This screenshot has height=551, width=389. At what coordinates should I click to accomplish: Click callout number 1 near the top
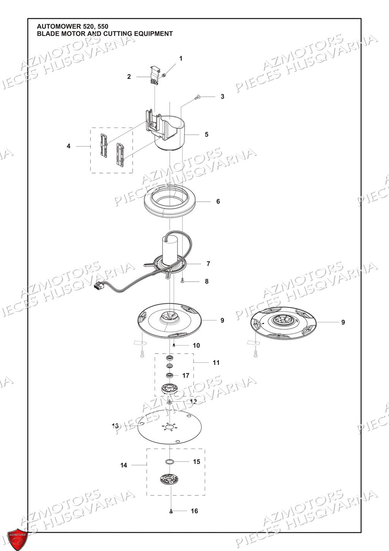pos(181,59)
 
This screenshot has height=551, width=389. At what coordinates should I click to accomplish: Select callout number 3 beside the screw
pos(223,97)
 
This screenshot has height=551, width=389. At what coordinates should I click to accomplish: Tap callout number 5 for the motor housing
pos(207,135)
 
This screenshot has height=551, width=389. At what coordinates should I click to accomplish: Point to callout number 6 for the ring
pos(218,201)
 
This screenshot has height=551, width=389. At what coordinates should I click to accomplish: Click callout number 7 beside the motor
pos(208,264)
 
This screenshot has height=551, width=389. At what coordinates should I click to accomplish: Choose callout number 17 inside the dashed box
pos(186,376)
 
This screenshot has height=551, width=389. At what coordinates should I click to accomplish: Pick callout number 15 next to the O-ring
pos(196,462)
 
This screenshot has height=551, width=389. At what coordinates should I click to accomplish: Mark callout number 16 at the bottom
pos(194,511)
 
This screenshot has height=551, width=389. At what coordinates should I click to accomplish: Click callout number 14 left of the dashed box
pos(124,465)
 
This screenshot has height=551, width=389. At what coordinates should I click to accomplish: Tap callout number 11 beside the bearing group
pos(216,363)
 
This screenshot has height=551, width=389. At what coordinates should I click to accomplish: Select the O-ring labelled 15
pos(170,462)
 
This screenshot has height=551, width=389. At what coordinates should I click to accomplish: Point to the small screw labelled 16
pos(171,511)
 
